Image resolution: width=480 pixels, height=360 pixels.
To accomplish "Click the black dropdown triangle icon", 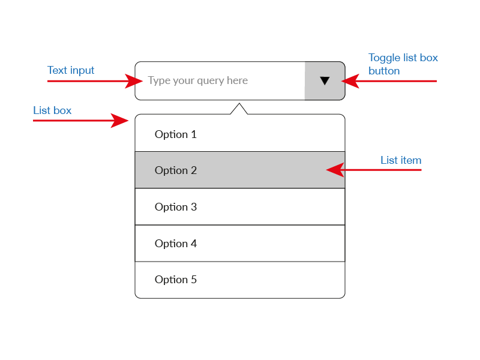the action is click(x=325, y=80).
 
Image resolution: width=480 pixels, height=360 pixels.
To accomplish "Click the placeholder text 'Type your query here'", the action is click(x=198, y=80).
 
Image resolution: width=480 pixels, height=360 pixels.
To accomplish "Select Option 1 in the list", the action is click(x=175, y=134).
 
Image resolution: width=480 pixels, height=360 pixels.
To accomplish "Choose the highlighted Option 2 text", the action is click(x=175, y=170).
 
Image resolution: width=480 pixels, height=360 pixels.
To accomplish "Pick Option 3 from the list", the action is click(x=175, y=207).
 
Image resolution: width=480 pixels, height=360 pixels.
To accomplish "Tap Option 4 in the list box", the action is click(x=175, y=244).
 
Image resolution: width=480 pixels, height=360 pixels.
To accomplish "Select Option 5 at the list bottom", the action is click(x=175, y=280).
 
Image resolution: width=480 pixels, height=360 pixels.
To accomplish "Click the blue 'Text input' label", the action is click(x=71, y=70).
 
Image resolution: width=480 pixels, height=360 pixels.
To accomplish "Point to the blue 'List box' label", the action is click(x=52, y=110).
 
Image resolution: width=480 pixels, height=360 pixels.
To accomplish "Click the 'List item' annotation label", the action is click(x=401, y=160).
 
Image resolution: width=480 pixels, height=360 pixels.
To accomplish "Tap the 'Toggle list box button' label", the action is click(x=403, y=64).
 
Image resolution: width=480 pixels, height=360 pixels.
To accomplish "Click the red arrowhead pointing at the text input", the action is click(x=134, y=81).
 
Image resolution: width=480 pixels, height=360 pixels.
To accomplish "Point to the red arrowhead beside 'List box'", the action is click(x=119, y=121).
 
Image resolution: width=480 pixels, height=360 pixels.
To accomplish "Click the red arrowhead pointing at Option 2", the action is click(x=335, y=170).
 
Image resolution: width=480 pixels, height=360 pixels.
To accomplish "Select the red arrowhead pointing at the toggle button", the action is click(x=350, y=81).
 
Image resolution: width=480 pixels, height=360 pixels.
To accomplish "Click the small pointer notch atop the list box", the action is click(x=239, y=109).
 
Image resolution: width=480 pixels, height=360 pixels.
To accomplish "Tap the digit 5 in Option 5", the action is click(x=194, y=280).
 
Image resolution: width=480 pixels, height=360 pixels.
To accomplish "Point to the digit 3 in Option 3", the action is click(x=194, y=207).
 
